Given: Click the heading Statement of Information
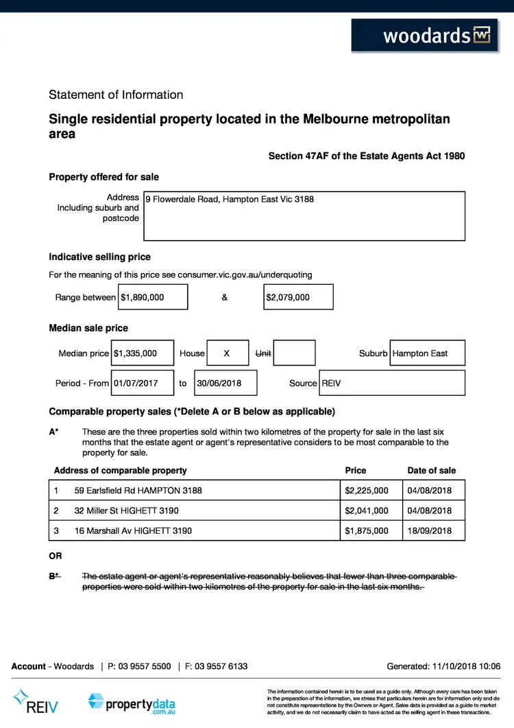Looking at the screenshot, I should [x=116, y=95].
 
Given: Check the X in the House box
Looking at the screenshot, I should [x=226, y=353].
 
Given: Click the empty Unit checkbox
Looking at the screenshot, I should [x=294, y=353].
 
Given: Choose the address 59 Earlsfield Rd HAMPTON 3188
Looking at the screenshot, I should [x=138, y=491].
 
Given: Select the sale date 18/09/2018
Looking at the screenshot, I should [x=430, y=530].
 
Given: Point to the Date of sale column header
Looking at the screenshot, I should [x=431, y=471].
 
